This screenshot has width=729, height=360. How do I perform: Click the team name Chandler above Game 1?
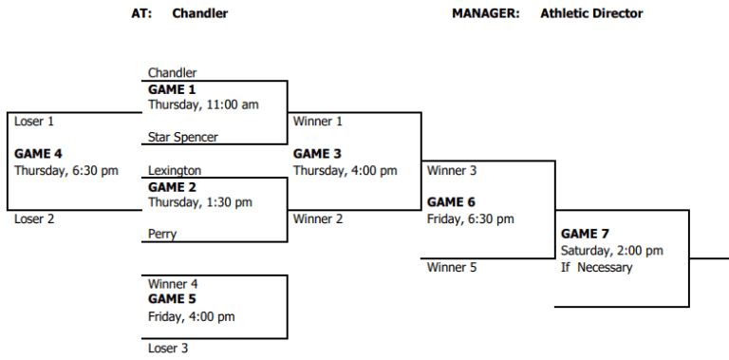pos(172,73)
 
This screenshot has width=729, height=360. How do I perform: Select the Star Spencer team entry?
pos(183,138)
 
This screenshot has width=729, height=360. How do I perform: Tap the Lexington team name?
pos(175,171)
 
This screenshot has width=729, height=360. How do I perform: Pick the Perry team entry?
pos(162,234)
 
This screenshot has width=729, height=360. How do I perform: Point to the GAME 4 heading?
pos(38,154)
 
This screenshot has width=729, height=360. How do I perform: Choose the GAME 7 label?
pos(586,234)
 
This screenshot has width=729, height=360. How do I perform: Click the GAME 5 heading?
pos(172,299)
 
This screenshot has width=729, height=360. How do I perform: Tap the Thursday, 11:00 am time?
pos(203,104)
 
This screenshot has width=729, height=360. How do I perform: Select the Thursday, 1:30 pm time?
pos(200,202)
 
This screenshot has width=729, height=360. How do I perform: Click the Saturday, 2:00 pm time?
pos(612,251)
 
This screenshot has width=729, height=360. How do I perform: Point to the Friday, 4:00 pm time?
pos(192,316)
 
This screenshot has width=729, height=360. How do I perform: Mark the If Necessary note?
pos(596,267)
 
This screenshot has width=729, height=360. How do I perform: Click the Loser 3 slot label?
pos(168,349)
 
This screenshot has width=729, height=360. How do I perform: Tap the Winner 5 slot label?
pos(452,268)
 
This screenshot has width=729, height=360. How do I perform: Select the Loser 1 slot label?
pos(34,122)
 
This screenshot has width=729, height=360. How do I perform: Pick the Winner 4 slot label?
pos(174,284)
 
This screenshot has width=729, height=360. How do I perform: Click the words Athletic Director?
pos(591,13)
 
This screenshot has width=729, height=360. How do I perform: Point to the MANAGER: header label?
pos(485,13)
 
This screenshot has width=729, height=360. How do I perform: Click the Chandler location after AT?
pos(200,13)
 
